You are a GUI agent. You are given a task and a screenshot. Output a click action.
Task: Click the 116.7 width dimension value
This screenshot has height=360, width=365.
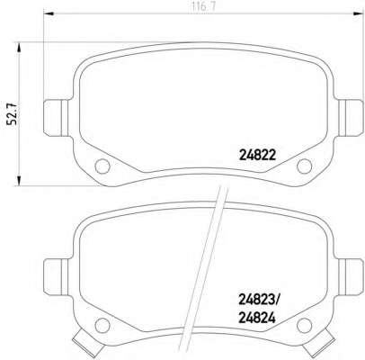point(202,6)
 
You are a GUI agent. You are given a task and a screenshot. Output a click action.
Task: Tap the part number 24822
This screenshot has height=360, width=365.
point(257,155)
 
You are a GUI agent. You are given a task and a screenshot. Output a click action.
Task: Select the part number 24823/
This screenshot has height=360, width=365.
point(259,299)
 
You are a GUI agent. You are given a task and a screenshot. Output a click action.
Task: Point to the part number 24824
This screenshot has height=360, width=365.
point(257,319)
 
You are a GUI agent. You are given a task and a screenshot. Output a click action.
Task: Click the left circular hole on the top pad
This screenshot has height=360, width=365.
point(102,166)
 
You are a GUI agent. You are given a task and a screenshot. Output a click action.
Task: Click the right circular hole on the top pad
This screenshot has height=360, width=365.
point(304,166)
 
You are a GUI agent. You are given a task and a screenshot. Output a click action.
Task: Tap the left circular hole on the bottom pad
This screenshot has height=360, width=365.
point(102,325)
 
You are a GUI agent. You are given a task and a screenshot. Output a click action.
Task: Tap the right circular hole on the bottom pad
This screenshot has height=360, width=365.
point(304,325)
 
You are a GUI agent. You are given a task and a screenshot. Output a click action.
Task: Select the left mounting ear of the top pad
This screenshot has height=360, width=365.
point(56,118)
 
